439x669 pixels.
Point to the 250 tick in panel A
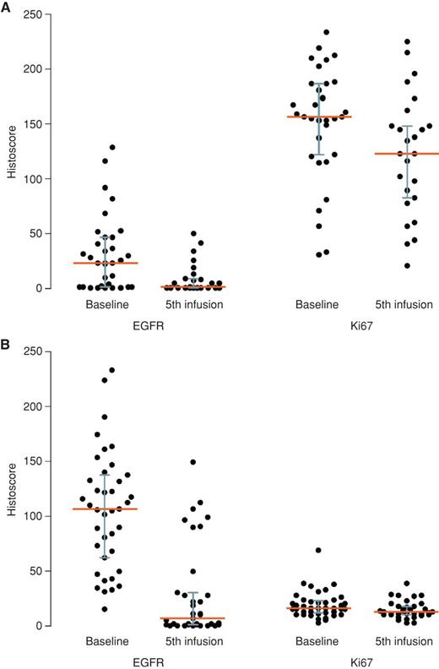pos(31,14)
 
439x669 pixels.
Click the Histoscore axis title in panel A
pos(11,152)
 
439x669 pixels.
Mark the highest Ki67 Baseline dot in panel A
pos(326,32)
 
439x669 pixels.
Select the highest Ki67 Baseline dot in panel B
pos(317,550)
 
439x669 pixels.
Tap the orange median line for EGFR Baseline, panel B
pos(105,509)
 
